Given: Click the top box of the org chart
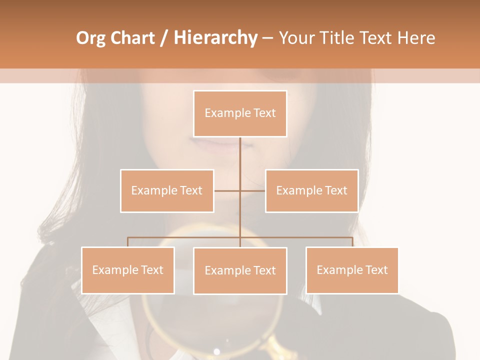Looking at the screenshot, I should point(240,113).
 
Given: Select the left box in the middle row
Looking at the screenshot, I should point(167,190).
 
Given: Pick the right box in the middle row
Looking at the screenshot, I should point(311,190).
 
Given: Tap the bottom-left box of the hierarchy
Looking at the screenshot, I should point(128,270).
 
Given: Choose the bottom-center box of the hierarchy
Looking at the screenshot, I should point(240,270).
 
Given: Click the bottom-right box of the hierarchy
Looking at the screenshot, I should point(352,270).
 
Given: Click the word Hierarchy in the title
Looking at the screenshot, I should point(215,38).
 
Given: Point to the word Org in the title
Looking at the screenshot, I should point(90,38).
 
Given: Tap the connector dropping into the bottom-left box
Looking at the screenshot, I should point(128,242).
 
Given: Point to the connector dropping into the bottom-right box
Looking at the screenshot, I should point(352,242).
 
